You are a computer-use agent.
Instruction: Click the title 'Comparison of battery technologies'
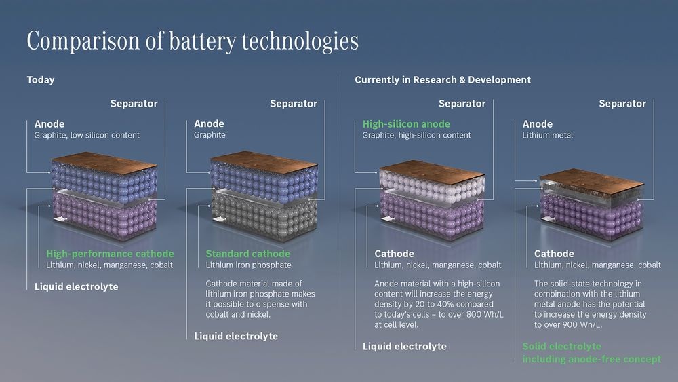[193, 41]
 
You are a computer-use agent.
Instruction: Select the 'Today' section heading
[41, 80]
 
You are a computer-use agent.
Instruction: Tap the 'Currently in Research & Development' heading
[442, 80]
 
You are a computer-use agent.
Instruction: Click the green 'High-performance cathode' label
[110, 254]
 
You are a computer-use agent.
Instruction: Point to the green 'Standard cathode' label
[247, 254]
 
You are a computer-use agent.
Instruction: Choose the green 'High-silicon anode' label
[406, 124]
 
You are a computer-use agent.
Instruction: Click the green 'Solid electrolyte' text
[561, 347]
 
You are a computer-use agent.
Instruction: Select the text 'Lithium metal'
[547, 136]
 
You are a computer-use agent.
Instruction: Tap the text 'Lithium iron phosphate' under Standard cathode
[248, 265]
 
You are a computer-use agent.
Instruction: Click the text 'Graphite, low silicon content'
[87, 136]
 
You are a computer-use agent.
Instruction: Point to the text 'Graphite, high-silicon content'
[416, 136]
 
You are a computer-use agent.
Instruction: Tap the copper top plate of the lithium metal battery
[591, 179]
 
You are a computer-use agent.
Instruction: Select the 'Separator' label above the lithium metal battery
[622, 104]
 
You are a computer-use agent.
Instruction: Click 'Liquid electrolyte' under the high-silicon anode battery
[404, 347]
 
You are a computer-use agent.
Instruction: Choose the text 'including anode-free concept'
[591, 359]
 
